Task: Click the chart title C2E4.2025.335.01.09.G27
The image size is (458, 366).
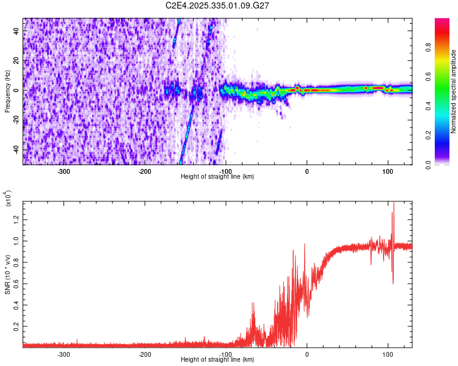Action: pos(218,5)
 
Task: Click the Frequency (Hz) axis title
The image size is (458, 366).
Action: pos(7,91)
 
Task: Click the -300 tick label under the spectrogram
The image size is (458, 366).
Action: pos(64,171)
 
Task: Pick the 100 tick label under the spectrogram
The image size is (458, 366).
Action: pos(387,171)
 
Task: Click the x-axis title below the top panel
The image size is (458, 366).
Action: pos(217,176)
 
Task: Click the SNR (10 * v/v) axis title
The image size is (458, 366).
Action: pos(7,271)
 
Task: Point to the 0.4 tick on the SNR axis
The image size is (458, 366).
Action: pos(18,305)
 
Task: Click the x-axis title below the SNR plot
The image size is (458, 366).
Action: pos(217,359)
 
